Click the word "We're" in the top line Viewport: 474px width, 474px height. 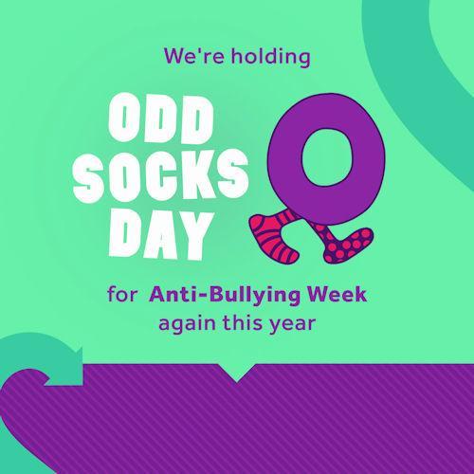pyautogui.click(x=194, y=56)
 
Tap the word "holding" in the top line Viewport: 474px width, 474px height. pyautogui.click(x=271, y=57)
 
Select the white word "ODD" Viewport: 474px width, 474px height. pyautogui.click(x=161, y=118)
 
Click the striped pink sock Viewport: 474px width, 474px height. pyautogui.click(x=274, y=236)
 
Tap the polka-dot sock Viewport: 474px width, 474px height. pyautogui.click(x=343, y=244)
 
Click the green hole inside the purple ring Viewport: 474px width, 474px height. pyautogui.click(x=326, y=156)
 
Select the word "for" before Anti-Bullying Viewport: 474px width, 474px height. pyautogui.click(x=122, y=294)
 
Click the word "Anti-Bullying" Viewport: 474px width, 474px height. pyautogui.click(x=225, y=295)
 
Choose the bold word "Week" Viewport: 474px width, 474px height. pyautogui.click(x=337, y=294)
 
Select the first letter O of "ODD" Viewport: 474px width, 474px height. pyautogui.click(x=123, y=118)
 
